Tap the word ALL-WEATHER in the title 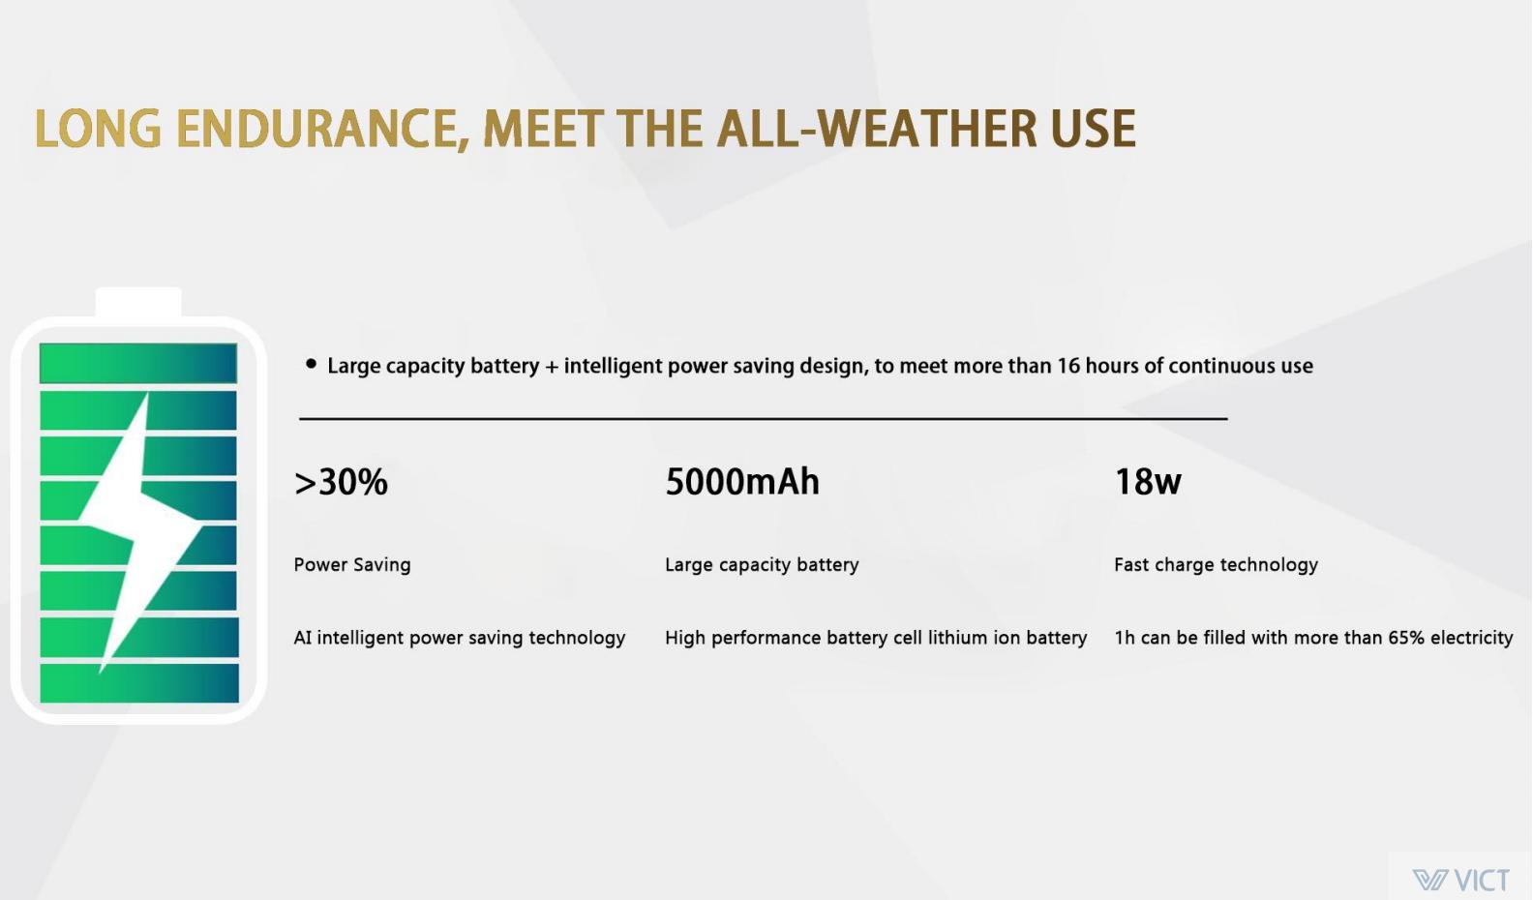(x=878, y=128)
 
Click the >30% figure (x=341, y=481)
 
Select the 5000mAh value (x=742, y=481)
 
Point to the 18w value (x=1148, y=481)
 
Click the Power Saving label (x=352, y=564)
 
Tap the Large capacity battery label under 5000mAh (x=762, y=564)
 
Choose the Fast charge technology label (x=1217, y=564)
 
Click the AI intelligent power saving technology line (x=459, y=638)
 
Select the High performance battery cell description (x=876, y=638)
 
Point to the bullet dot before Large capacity (x=312, y=364)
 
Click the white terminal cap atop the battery (x=138, y=302)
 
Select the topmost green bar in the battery (x=138, y=363)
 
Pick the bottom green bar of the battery (x=139, y=682)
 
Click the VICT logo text (x=1482, y=880)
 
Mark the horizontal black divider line (x=763, y=417)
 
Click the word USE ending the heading (x=1094, y=128)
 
